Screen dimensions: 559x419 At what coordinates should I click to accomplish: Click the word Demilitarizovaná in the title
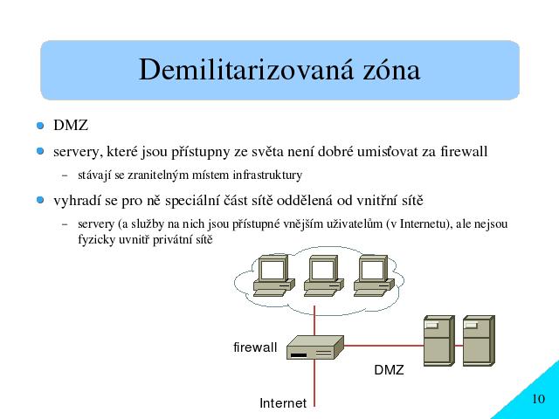pos(246,69)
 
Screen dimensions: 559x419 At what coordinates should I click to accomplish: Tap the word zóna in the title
pos(391,69)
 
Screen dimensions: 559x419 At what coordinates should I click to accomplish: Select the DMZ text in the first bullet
pos(71,126)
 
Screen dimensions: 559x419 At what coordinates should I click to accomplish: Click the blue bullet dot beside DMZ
pos(40,126)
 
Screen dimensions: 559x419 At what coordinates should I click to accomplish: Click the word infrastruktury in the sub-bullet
pos(267,175)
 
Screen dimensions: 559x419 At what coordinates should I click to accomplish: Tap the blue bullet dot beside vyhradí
pos(40,200)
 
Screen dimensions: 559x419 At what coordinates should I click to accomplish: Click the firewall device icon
pos(315,347)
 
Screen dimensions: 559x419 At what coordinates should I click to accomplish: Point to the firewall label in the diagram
pos(255,347)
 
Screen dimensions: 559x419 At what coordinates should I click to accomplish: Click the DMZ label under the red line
pos(389,370)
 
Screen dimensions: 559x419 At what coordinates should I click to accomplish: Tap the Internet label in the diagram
pos(283,403)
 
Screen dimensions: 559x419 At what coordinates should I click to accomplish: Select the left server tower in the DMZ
pos(438,340)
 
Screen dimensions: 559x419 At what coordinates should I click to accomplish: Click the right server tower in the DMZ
pos(479,340)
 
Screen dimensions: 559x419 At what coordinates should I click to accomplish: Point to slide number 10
pos(539,399)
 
